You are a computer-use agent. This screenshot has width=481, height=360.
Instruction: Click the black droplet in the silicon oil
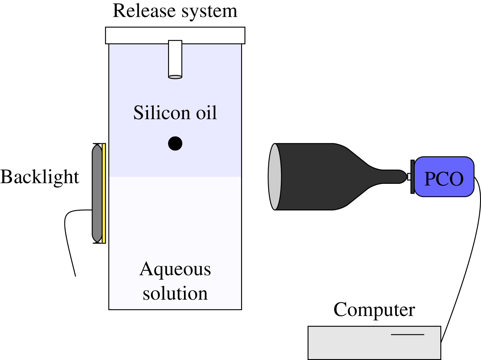[x=175, y=143]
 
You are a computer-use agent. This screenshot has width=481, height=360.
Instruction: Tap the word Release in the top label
[x=144, y=11]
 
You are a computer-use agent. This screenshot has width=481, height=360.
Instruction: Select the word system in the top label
[x=209, y=12]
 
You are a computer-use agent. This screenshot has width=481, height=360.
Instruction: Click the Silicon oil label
[x=175, y=113]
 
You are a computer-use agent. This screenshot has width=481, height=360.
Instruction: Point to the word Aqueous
[x=175, y=269]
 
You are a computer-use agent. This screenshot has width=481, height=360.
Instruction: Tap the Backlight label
[x=40, y=177]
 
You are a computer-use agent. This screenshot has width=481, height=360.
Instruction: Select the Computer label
[x=374, y=310]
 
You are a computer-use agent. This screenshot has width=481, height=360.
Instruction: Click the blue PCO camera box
[x=444, y=177]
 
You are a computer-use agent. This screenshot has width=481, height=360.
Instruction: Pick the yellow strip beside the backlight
[x=104, y=193]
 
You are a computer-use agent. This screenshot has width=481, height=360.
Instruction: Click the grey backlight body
[x=97, y=193]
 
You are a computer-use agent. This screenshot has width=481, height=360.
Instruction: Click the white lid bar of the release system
[x=175, y=35]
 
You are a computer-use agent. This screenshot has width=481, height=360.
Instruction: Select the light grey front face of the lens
[x=275, y=176]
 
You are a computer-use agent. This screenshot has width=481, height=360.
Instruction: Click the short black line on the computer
[x=407, y=334]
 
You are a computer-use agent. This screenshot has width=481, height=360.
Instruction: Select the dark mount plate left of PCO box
[x=412, y=177]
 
